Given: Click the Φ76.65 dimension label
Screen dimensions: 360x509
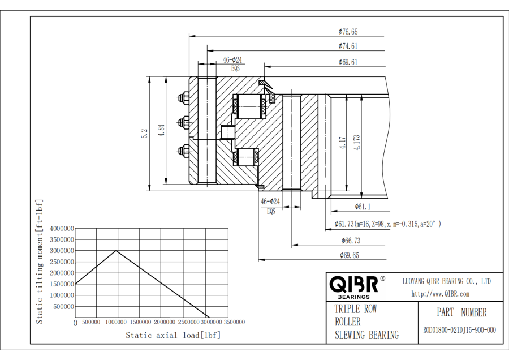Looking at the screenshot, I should tap(348, 32).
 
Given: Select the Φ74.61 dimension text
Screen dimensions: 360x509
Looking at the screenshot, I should tap(348, 46).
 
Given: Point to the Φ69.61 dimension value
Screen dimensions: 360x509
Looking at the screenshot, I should tap(348, 62).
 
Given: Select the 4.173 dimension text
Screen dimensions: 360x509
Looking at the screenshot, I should tap(357, 142).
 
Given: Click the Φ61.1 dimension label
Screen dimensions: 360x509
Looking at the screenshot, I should tap(363, 207).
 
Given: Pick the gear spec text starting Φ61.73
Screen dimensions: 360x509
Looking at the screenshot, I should tap(387, 224).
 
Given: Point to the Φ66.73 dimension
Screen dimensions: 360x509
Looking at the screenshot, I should tap(350, 241).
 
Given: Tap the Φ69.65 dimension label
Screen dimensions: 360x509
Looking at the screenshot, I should tap(349, 255).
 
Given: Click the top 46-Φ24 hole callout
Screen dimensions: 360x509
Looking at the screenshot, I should tap(232, 59).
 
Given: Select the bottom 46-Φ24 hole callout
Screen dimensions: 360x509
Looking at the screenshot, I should tap(270, 202).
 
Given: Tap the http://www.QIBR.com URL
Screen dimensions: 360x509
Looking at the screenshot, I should tap(440, 294).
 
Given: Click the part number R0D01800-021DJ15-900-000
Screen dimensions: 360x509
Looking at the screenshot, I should tap(459, 330).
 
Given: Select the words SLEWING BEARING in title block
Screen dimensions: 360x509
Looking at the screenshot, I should tap(366, 335).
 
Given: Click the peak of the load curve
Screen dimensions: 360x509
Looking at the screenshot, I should tap(117, 250).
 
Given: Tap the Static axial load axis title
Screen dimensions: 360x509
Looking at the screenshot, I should tap(173, 336).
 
